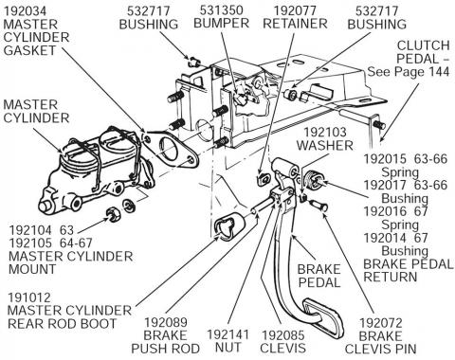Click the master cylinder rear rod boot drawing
point(228,230)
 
